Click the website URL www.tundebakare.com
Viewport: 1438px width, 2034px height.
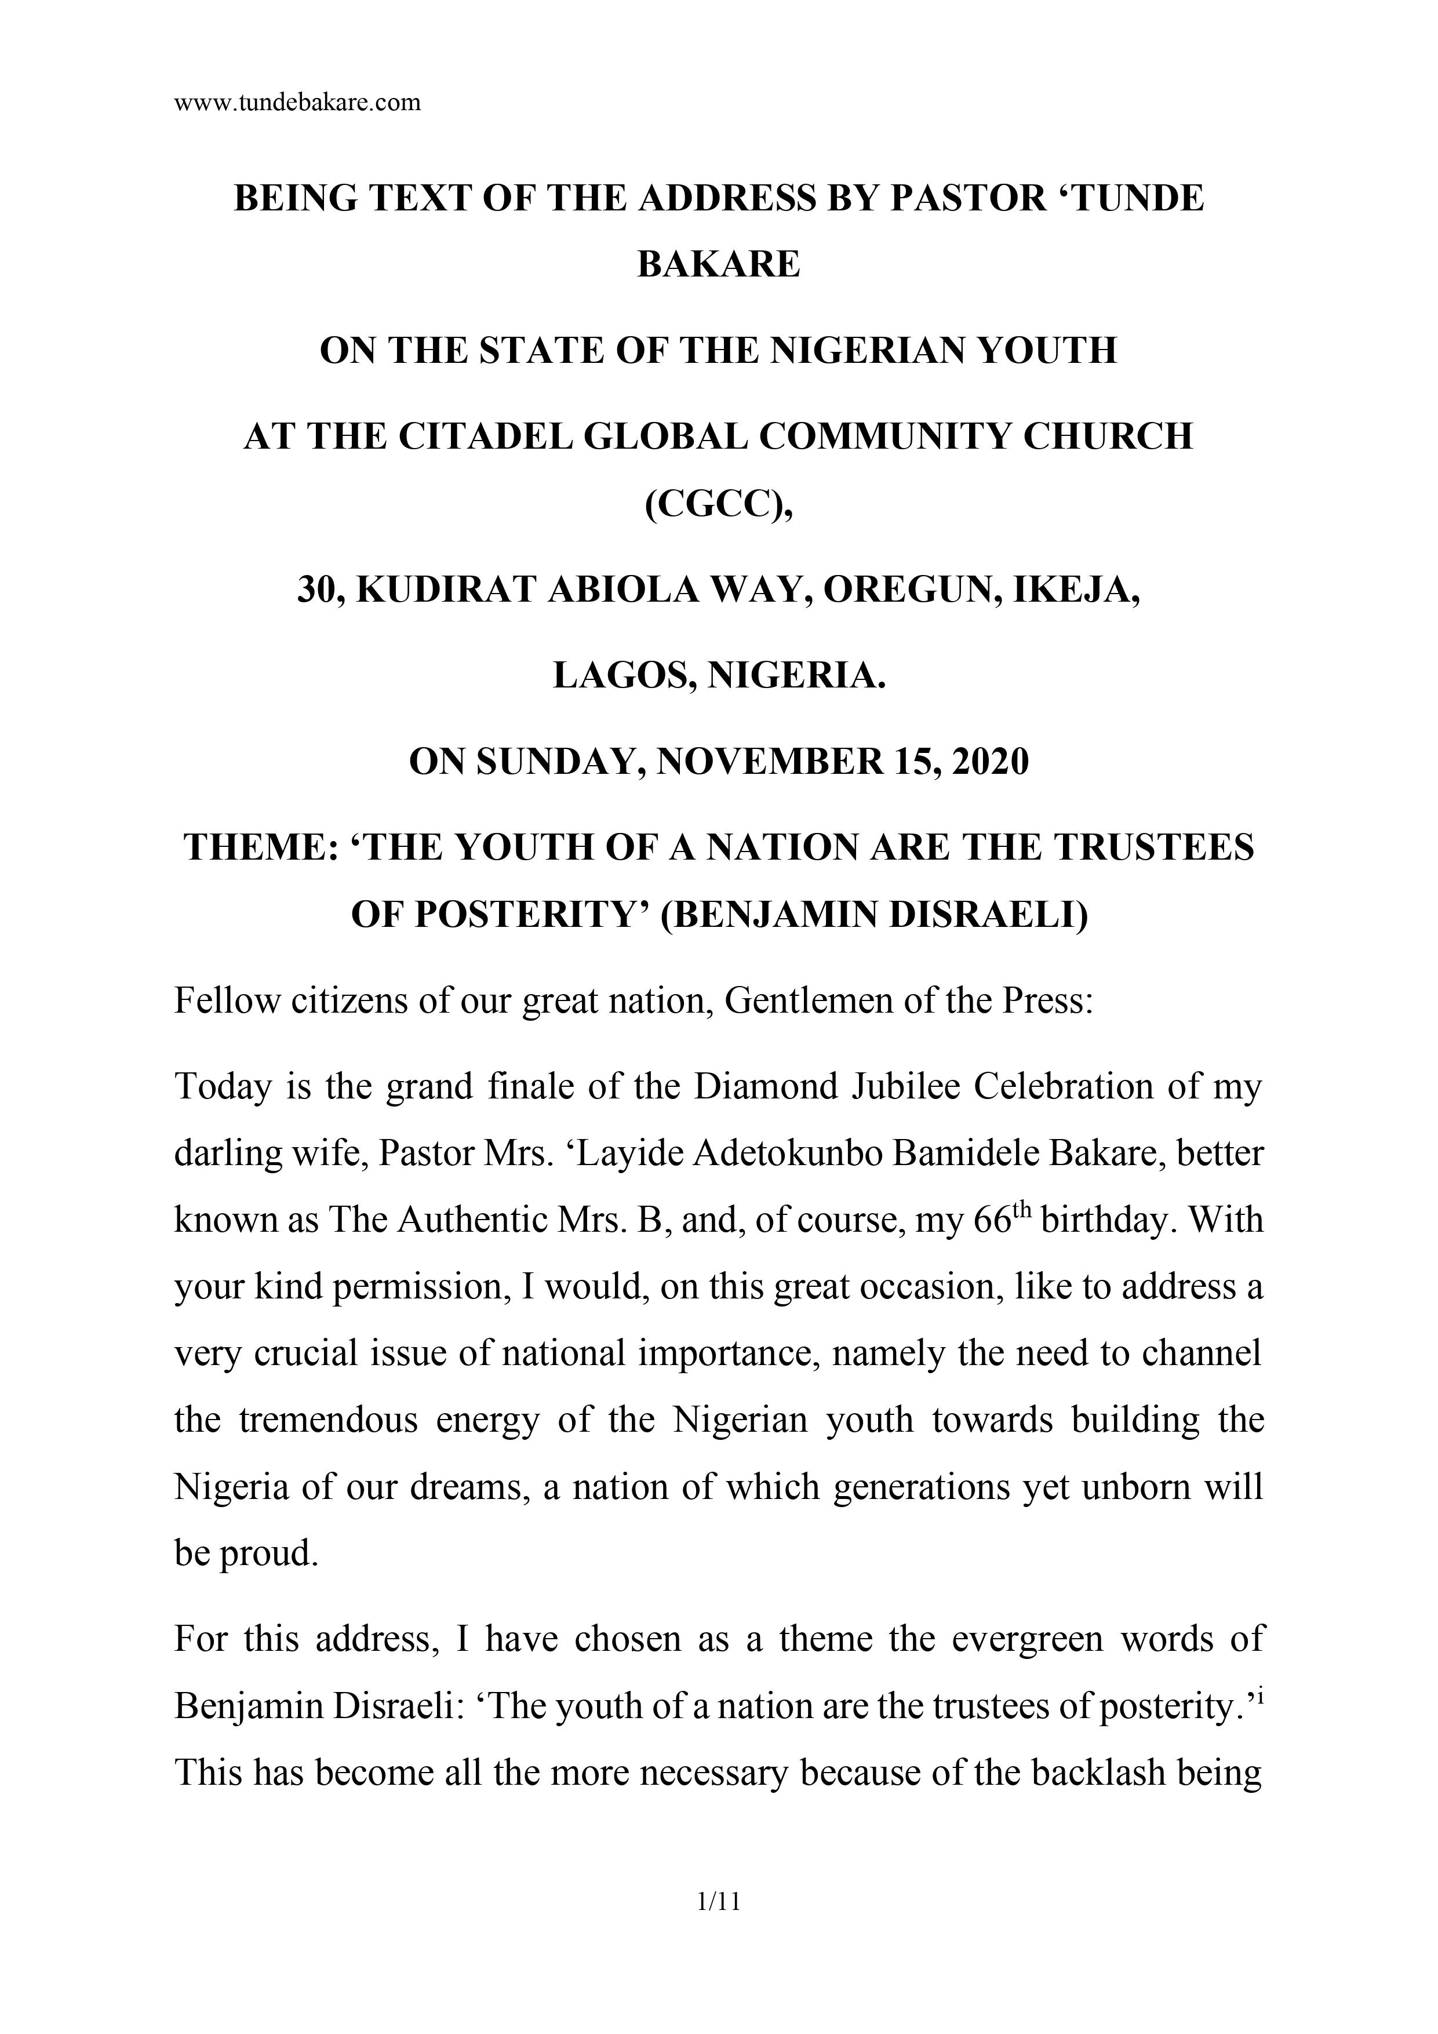pyautogui.click(x=298, y=103)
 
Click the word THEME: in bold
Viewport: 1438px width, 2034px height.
pyautogui.click(x=260, y=848)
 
